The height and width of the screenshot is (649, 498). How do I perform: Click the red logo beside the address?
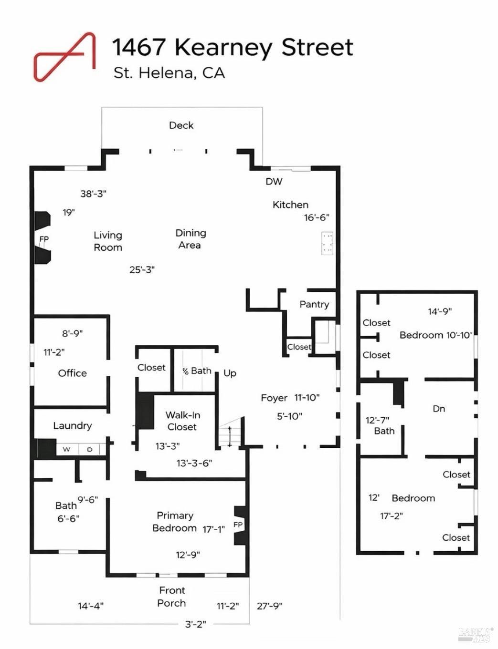pyautogui.click(x=65, y=56)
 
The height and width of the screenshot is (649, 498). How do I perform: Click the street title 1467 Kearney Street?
pyautogui.click(x=233, y=47)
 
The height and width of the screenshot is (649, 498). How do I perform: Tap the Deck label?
pyautogui.click(x=181, y=125)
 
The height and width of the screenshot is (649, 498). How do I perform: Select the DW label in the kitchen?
pyautogui.click(x=274, y=182)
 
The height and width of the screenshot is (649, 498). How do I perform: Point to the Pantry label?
pyautogui.click(x=314, y=304)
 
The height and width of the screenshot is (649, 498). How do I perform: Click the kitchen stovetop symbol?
pyautogui.click(x=328, y=243)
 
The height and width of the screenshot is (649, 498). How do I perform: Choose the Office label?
pyautogui.click(x=73, y=373)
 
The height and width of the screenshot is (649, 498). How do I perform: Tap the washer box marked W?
pyautogui.click(x=67, y=449)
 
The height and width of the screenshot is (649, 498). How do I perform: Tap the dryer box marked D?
pyautogui.click(x=90, y=449)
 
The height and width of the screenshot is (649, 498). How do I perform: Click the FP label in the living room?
pyautogui.click(x=44, y=239)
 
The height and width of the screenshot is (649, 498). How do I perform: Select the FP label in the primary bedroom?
pyautogui.click(x=238, y=525)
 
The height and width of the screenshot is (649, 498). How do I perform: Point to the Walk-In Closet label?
pyautogui.click(x=182, y=421)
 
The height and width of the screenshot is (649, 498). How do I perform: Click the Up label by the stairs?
pyautogui.click(x=230, y=373)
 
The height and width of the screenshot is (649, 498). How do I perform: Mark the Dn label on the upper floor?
pyautogui.click(x=439, y=409)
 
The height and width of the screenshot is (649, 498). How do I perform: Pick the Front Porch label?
pyautogui.click(x=172, y=597)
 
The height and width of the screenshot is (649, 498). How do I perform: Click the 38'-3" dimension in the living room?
pyautogui.click(x=93, y=194)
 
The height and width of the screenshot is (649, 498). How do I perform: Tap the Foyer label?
pyautogui.click(x=274, y=398)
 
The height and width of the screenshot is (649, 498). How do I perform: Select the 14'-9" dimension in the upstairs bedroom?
pyautogui.click(x=440, y=312)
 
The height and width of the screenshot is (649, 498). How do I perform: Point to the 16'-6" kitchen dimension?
pyautogui.click(x=317, y=217)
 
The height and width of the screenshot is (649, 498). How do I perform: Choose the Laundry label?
pyautogui.click(x=73, y=425)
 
